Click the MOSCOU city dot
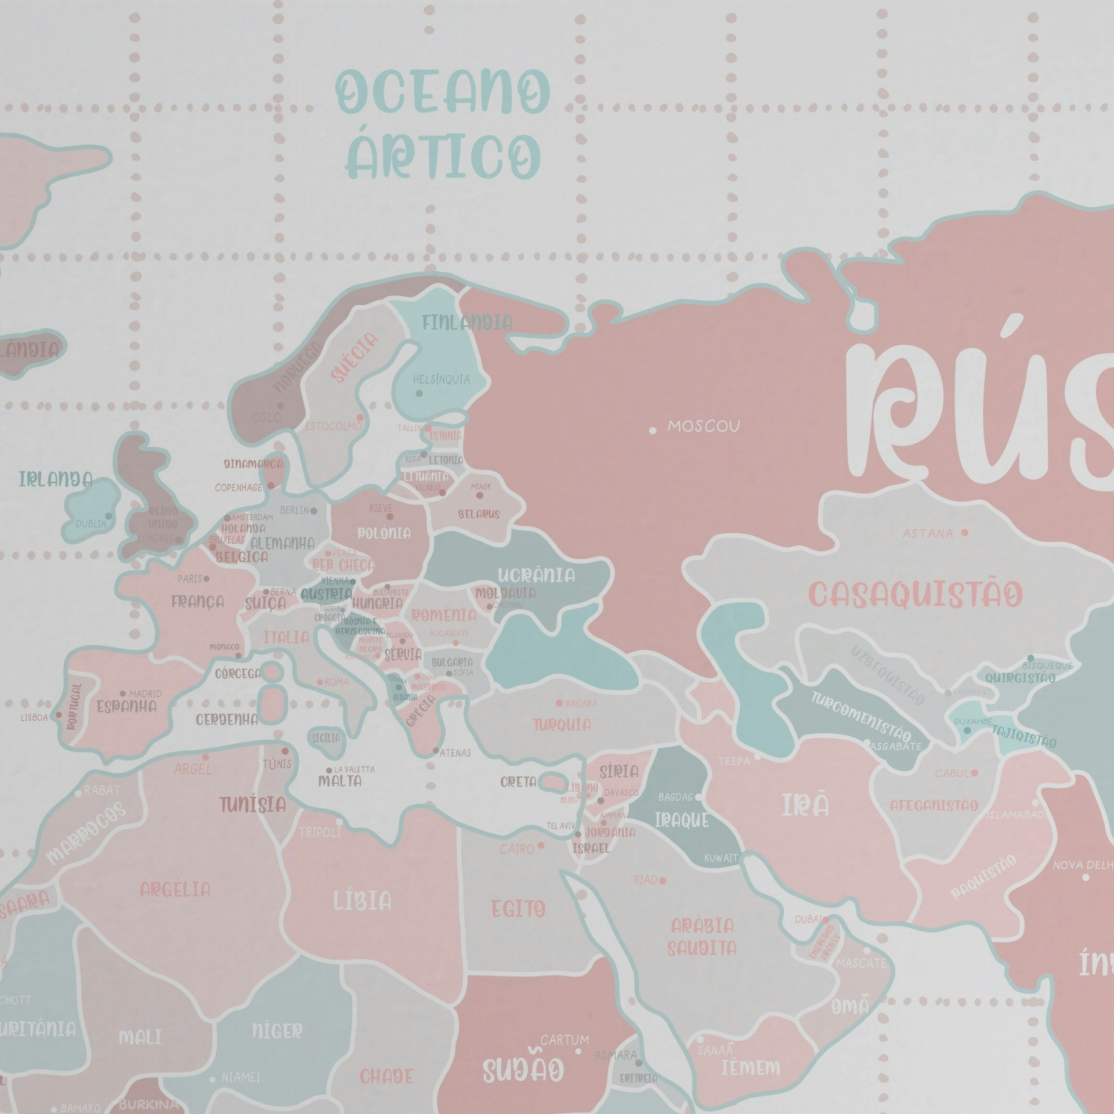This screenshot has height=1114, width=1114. pyautogui.click(x=653, y=431)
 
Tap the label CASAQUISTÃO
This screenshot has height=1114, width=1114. pyautogui.click(x=915, y=595)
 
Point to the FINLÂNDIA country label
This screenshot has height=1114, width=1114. pyautogui.click(x=467, y=323)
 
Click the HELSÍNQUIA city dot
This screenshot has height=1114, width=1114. pyautogui.click(x=419, y=393)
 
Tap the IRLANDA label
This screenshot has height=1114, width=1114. pyautogui.click(x=56, y=480)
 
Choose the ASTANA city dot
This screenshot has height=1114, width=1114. pyautogui.click(x=965, y=532)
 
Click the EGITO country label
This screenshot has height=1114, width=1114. pyautogui.click(x=518, y=909)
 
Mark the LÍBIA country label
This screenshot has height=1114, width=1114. pyautogui.click(x=362, y=901)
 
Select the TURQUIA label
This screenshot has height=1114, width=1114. pyautogui.click(x=562, y=725)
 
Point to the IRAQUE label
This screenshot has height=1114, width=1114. pyautogui.click(x=682, y=820)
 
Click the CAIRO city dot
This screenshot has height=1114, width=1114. pyautogui.click(x=541, y=845)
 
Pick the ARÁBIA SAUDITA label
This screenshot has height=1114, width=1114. pyautogui.click(x=702, y=937)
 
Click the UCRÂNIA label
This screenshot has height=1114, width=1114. pyautogui.click(x=536, y=576)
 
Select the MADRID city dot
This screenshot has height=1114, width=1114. pyautogui.click(x=123, y=693)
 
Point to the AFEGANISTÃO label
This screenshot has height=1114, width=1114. pyautogui.click(x=934, y=805)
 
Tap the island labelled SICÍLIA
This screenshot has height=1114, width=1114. pyautogui.click(x=326, y=739)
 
